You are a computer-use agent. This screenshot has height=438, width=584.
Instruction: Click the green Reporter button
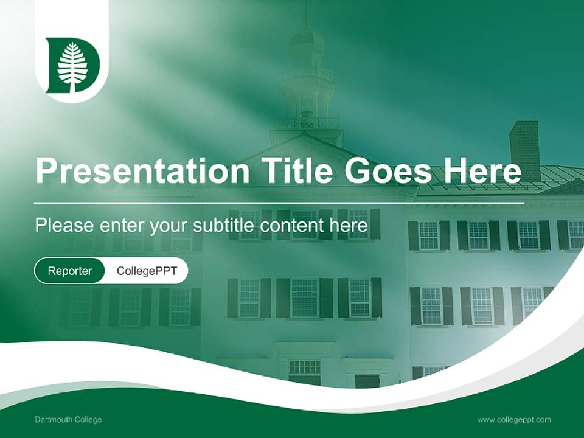pos(69,271)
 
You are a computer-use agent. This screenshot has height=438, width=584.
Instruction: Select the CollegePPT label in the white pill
pos(146,271)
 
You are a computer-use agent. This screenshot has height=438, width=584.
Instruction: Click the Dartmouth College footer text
pos(68,420)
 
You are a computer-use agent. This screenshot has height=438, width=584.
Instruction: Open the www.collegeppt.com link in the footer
pos(514,420)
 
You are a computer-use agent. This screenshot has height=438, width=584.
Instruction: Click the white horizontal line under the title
pos(279,203)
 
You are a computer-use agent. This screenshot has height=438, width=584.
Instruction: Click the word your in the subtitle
pos(170,226)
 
